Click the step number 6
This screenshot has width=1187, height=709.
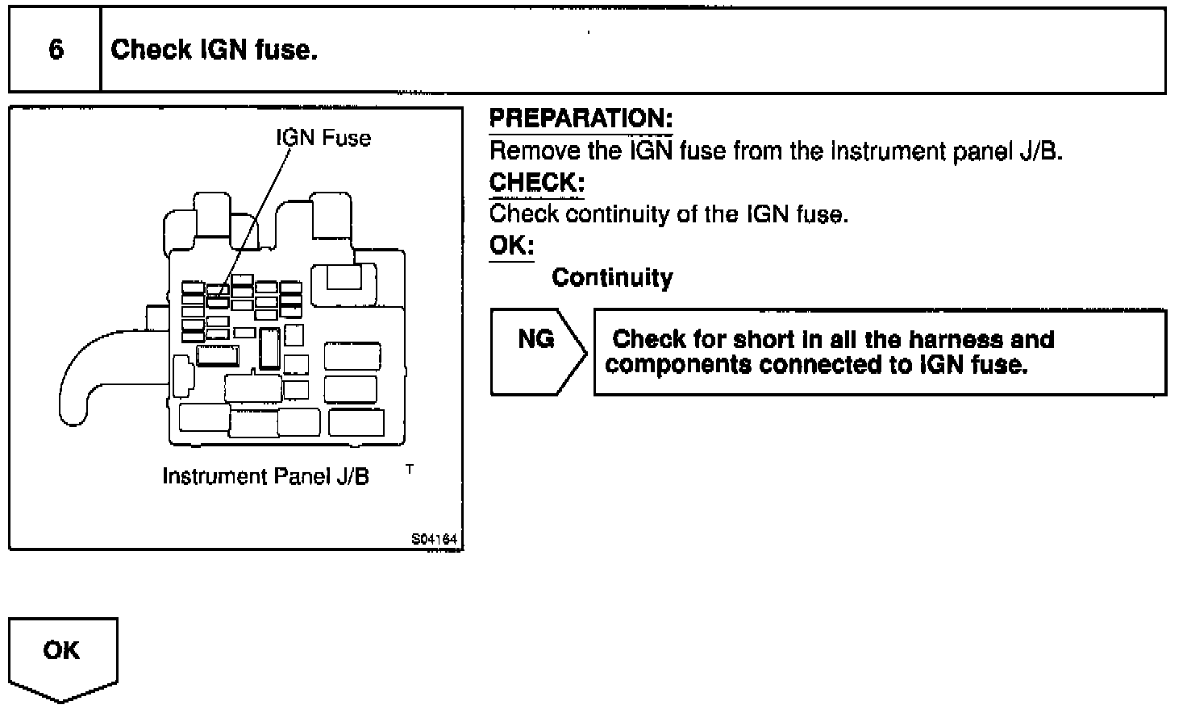(x=56, y=50)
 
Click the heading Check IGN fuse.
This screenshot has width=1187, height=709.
(x=214, y=50)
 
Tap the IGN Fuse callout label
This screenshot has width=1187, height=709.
(x=323, y=138)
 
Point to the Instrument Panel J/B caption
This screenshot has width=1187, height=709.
(x=266, y=476)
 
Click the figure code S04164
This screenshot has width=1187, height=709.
(x=434, y=539)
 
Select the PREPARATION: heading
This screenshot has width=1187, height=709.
(x=581, y=118)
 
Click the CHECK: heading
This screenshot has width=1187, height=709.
(x=536, y=182)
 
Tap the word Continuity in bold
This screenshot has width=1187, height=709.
(x=612, y=278)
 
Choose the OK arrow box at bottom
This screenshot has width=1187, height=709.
(x=63, y=657)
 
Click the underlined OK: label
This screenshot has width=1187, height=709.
(x=511, y=245)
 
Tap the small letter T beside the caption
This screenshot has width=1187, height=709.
(x=410, y=468)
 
